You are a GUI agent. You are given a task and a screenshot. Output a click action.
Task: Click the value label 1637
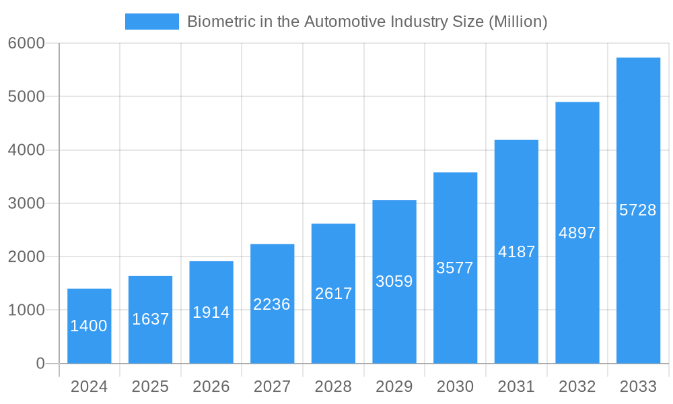(150, 319)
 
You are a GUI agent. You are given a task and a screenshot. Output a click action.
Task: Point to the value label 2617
(333, 294)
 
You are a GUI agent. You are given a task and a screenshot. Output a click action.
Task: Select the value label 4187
(516, 252)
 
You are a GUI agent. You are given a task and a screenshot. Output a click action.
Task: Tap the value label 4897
(577, 233)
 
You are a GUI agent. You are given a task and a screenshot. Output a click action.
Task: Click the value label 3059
(394, 281)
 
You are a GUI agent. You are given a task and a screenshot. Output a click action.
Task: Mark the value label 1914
(211, 312)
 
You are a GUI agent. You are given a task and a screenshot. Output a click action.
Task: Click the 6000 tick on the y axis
(26, 44)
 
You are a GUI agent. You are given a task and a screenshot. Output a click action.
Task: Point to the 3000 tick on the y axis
(26, 203)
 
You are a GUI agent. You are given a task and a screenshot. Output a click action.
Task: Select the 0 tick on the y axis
(40, 364)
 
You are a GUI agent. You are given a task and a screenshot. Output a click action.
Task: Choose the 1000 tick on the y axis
(26, 310)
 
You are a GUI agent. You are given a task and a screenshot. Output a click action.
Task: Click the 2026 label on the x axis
(211, 386)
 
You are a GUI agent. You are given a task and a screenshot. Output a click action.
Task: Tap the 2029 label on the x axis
(394, 386)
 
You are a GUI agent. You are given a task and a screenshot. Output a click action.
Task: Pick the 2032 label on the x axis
(577, 386)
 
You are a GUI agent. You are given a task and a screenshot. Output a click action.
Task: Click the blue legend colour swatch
(152, 22)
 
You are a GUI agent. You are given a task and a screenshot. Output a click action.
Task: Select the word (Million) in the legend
(518, 22)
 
